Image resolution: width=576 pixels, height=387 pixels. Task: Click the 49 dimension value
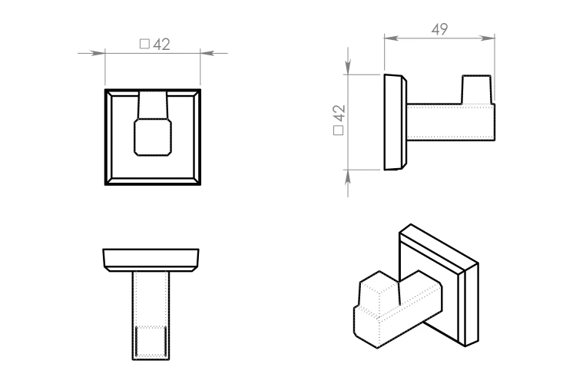click(440, 29)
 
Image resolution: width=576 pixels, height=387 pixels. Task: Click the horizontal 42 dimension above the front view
click(161, 45)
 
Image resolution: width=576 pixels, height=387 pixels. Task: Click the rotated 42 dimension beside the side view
click(339, 113)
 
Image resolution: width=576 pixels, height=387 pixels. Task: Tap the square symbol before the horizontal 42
click(144, 44)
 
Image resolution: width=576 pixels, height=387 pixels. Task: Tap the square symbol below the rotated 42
click(339, 131)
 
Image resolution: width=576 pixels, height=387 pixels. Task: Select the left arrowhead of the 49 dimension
click(392, 38)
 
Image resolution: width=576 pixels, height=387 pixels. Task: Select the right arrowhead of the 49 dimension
click(488, 38)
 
